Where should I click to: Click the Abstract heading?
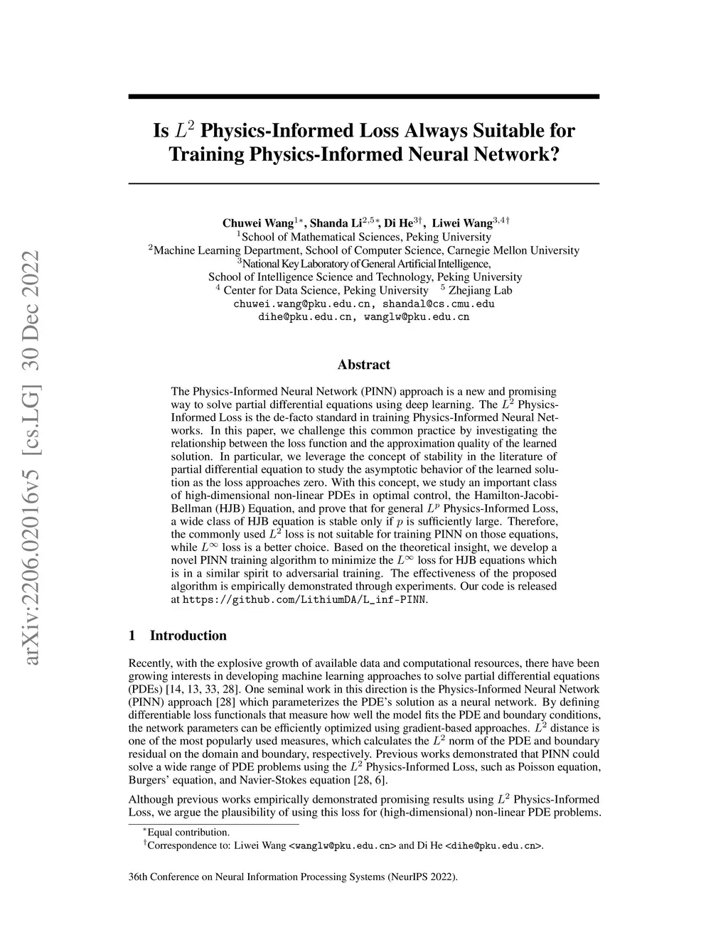pyautogui.click(x=363, y=365)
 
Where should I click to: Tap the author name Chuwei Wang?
pyautogui.click(x=257, y=223)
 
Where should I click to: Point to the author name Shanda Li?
pyautogui.click(x=336, y=223)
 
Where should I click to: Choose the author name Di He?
pyautogui.click(x=399, y=223)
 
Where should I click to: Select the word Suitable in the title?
pyautogui.click(x=493, y=131)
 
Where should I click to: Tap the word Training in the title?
pyautogui.click(x=207, y=154)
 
